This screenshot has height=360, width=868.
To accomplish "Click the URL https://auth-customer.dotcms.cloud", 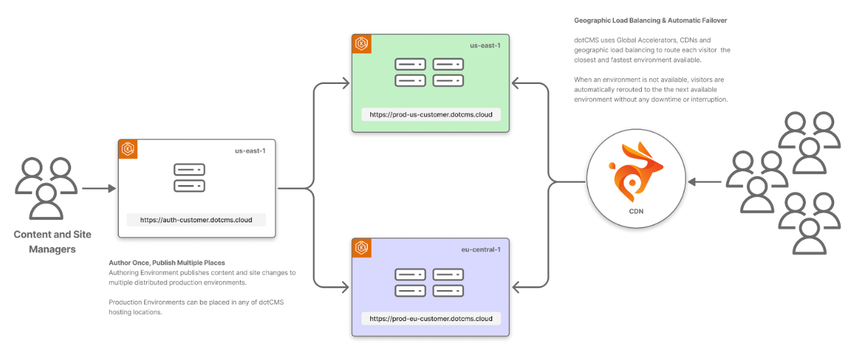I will coord(196,220).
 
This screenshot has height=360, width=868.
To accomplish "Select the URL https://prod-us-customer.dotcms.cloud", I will coord(430,115).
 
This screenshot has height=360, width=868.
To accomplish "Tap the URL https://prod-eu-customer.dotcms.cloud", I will coord(430,318).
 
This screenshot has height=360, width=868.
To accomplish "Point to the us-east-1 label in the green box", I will coord(485,45).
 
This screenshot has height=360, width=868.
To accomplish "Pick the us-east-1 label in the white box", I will coord(250,151).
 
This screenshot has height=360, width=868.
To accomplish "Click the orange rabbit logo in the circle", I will coord(635,173).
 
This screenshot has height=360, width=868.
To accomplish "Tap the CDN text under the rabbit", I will coord(635,211).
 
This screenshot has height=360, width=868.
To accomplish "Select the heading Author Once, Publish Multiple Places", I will coord(167,263).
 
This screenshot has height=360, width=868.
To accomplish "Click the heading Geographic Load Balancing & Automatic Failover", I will coord(650,20).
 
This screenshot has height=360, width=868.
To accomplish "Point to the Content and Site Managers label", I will coord(53,241).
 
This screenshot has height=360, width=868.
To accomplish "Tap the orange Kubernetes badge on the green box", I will coord(362,44).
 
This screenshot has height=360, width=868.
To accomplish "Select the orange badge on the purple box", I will coord(362,247).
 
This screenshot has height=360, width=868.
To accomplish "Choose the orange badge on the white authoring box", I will coord(129,149).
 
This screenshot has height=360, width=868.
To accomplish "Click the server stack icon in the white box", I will coord(190,178).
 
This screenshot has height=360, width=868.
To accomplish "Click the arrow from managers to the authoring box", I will coord(99,188).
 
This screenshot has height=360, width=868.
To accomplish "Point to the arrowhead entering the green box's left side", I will coord(345,83).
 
